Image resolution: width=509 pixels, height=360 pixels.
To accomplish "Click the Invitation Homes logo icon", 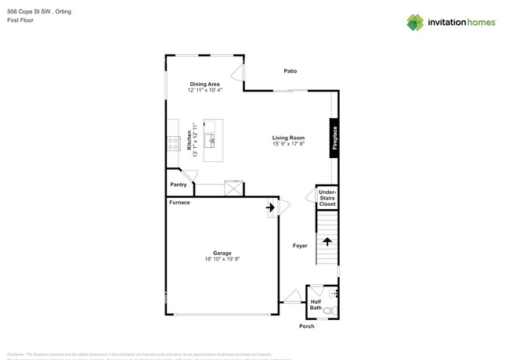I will point(415,22).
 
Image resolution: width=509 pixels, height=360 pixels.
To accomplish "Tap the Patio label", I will point(290,71).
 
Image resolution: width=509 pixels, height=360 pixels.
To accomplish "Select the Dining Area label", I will point(204,84).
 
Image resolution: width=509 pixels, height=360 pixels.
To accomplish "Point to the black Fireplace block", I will point(334,139).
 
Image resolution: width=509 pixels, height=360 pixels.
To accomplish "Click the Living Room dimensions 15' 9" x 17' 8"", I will point(288,144).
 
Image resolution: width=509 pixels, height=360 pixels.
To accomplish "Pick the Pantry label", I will point(179,185).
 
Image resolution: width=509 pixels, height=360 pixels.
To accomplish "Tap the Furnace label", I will point(179,203).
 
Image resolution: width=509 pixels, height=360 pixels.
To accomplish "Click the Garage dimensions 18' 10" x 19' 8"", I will point(222,259).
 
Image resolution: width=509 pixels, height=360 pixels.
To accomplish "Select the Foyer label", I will point(300,245).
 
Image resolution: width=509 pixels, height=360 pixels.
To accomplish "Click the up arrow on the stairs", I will point(327,242).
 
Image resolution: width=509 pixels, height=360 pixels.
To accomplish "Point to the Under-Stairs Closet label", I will point(327,198).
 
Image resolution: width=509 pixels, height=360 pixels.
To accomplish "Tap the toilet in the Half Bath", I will point(330,311).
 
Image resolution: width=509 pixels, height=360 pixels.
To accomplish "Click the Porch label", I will point(307,326).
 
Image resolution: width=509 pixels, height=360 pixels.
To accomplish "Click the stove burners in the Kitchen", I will point(171,142).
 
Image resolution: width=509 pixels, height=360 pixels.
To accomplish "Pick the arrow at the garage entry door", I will point(270,208).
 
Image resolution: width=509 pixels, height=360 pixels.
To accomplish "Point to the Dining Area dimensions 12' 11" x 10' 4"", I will point(204,91).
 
